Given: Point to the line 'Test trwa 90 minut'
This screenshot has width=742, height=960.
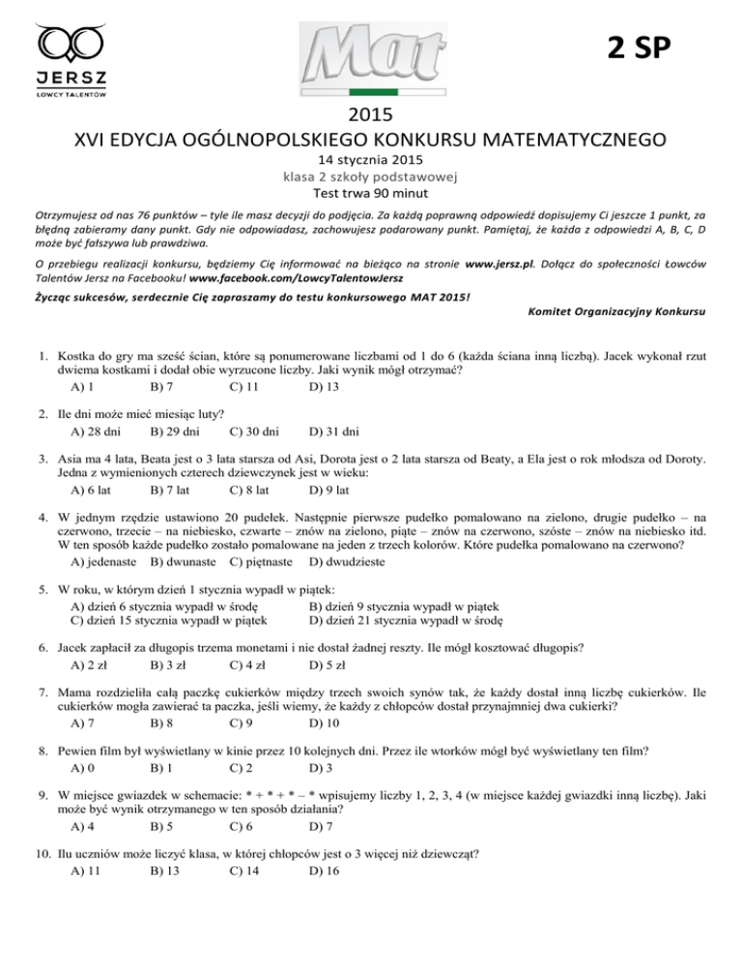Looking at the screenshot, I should click(x=371, y=191).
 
